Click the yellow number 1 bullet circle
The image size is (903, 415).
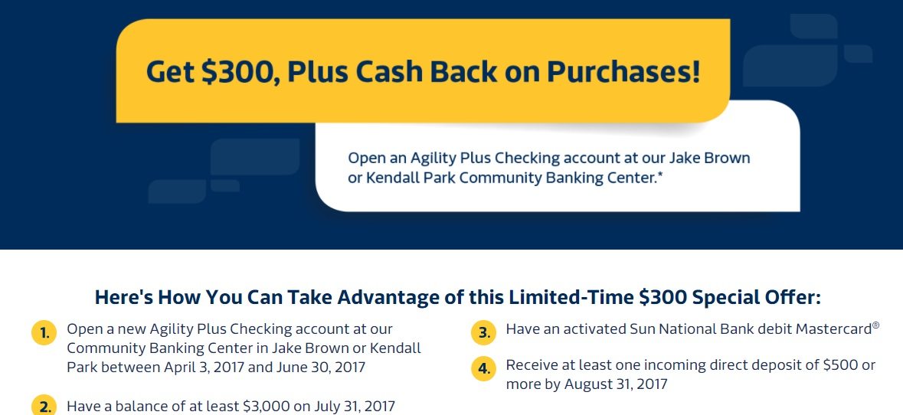pyautogui.click(x=44, y=333)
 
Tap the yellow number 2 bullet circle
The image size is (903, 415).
pyautogui.click(x=44, y=407)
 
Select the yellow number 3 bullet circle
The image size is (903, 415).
pyautogui.click(x=484, y=333)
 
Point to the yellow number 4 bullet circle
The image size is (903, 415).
pyautogui.click(x=484, y=369)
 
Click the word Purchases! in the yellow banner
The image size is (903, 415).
pyautogui.click(x=623, y=71)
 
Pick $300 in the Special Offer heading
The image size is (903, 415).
pyautogui.click(x=663, y=297)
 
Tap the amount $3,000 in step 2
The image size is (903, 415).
pyautogui.click(x=267, y=407)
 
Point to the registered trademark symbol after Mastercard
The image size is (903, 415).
pyautogui.click(x=876, y=325)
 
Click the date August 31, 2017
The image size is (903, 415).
pyautogui.click(x=616, y=384)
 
